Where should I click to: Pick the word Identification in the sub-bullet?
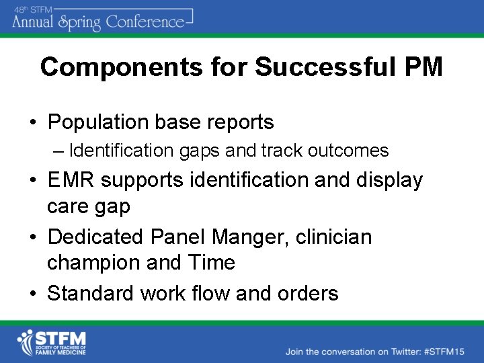122,151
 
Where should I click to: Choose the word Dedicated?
97,237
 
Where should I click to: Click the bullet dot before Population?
32,123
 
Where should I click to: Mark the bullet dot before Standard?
32,294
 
